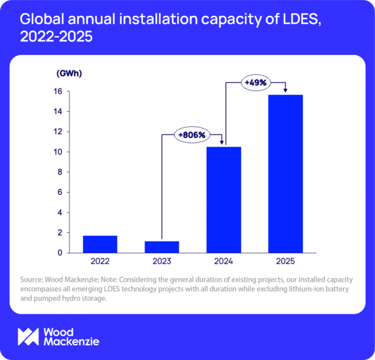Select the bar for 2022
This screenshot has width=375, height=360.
[x=100, y=244]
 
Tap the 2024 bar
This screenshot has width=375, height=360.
[x=224, y=200]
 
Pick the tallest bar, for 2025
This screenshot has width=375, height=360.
[x=285, y=173]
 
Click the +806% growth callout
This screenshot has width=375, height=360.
[x=191, y=135]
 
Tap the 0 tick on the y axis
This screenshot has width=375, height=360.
[x=61, y=253]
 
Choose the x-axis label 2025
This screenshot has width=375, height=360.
[x=285, y=261]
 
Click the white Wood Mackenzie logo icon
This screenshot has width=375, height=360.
[x=28, y=336]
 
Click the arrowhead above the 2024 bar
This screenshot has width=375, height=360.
[x=222, y=143]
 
